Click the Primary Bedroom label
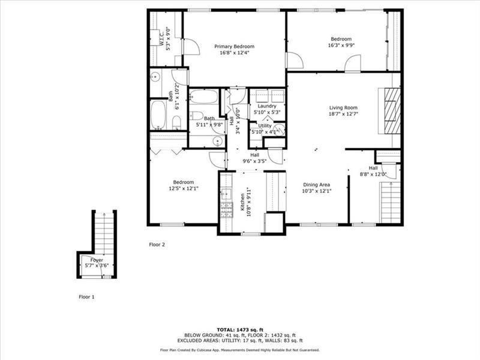[235, 46]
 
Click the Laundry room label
[266, 106]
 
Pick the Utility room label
[265, 125]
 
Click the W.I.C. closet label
[162, 39]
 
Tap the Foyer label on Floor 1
[97, 260]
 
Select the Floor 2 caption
[157, 244]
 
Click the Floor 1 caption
[86, 296]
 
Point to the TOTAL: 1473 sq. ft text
[239, 330]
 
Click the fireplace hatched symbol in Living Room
[391, 112]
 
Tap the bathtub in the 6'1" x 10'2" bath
[158, 115]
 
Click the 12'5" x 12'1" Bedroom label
[183, 182]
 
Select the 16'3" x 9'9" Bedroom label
[340, 38]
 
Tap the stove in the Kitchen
[227, 209]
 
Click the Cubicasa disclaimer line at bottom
[239, 350]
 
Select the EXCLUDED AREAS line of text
[239, 341]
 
